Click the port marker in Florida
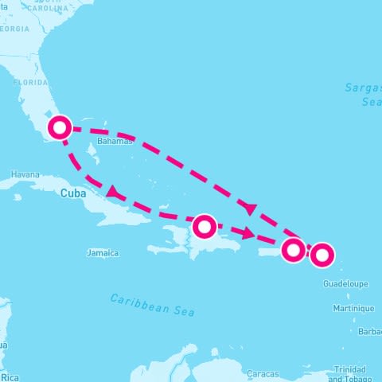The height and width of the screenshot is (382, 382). coord(60,127)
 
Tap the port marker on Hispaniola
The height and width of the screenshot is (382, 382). coord(205,226)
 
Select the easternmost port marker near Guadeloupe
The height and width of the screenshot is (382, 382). coord(322,255)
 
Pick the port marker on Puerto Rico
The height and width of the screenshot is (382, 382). coord(294,250)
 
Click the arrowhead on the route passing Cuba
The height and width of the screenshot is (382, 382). coord(115,193)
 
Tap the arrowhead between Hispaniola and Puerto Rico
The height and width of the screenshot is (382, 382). coord(251,234)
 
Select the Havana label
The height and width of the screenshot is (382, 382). coord(25,174)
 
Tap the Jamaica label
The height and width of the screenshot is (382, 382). coord(102,253)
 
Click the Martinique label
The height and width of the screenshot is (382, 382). coord(353,308)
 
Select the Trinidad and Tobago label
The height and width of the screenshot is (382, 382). coord(350,373)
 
